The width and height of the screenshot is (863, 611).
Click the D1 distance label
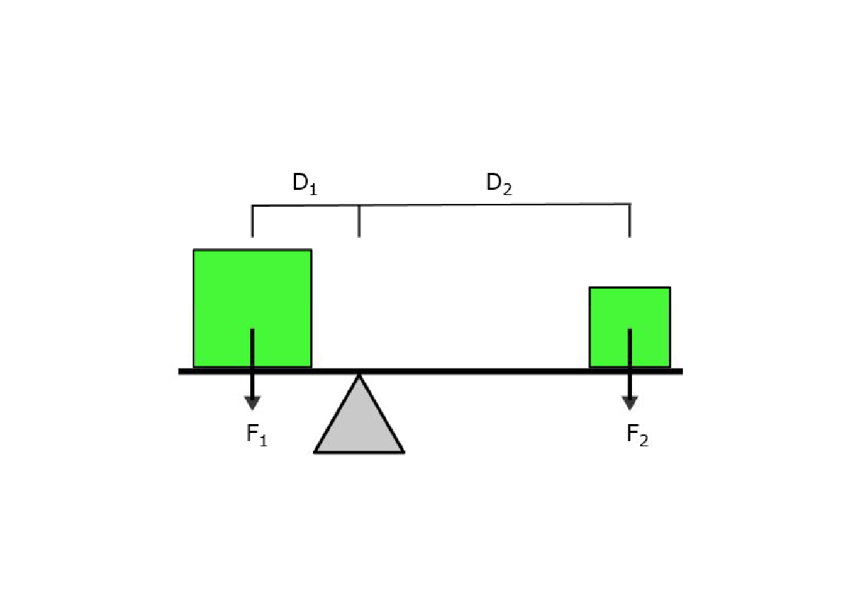coord(305,183)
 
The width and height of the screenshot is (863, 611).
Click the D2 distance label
coord(499,183)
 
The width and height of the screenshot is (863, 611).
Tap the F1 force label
coord(257,434)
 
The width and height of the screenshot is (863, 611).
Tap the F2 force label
coord(638,434)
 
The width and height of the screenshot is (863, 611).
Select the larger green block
coord(252,309)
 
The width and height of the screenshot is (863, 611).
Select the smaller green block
coord(630,327)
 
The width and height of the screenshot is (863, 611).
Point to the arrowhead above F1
coord(252,403)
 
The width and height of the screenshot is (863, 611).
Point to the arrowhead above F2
coord(630,403)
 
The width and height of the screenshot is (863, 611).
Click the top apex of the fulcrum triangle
coord(360,375)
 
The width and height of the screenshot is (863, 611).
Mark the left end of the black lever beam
coord(179,372)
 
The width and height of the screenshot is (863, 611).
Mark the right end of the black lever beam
coord(682,372)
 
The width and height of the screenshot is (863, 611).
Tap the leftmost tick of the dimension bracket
coord(252,222)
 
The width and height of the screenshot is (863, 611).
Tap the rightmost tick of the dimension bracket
coord(630,220)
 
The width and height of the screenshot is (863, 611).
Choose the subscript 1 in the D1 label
coord(312,190)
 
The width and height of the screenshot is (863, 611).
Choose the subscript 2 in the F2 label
coord(644,440)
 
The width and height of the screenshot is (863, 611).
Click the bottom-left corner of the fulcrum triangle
coord(314,452)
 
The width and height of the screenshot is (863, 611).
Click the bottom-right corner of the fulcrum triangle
coord(405,452)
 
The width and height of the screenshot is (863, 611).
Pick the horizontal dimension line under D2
coord(495,205)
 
